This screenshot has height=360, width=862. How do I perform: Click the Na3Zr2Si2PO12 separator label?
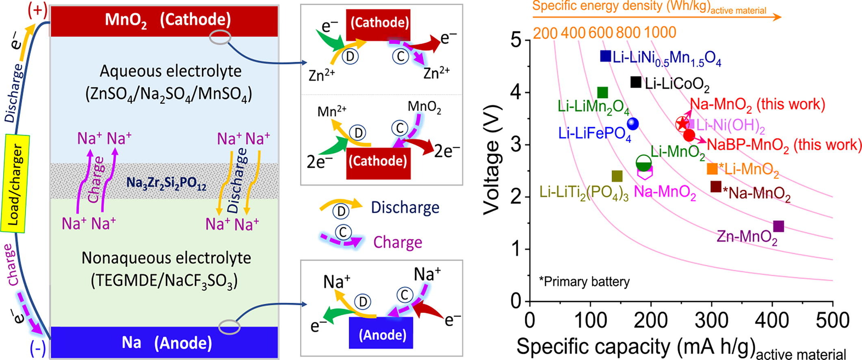click(166, 183)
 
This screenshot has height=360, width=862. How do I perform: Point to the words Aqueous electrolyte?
click(171, 72)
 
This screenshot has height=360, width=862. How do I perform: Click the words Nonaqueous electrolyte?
click(166, 258)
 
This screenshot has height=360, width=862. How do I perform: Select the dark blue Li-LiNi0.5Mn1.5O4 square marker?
click(606, 56)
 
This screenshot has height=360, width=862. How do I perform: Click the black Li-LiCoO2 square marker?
click(636, 82)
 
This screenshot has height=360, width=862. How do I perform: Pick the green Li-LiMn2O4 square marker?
click(603, 93)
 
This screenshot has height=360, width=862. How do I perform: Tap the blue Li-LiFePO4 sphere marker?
click(633, 124)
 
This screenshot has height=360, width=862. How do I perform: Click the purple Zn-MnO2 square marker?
click(778, 226)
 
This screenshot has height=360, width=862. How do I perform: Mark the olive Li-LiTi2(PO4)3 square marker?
click(617, 176)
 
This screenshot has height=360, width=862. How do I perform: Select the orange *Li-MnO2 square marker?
click(713, 169)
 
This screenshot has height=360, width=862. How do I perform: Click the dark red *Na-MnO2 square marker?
click(716, 187)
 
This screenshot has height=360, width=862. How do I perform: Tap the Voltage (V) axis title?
click(492, 160)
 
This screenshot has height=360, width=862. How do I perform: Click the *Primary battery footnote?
click(584, 282)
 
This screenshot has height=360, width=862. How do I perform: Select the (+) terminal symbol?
click(37, 10)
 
